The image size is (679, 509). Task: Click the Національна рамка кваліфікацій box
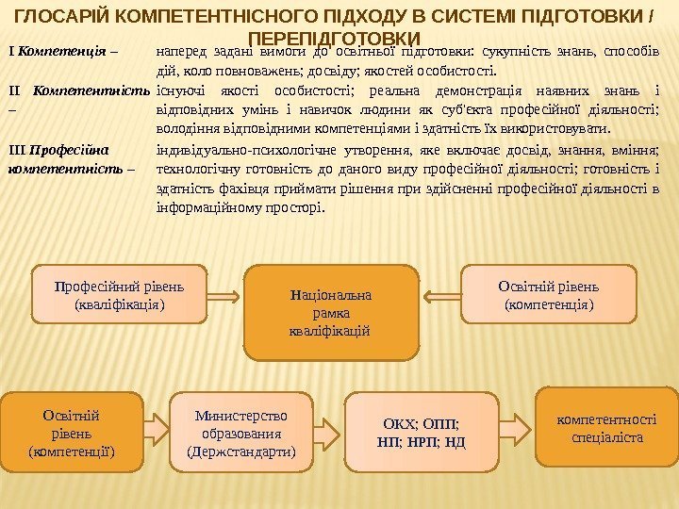click(x=331, y=313)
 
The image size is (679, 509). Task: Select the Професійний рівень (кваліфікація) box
click(x=118, y=295)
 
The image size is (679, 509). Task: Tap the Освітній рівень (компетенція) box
click(x=549, y=295)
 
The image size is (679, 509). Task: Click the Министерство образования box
click(x=241, y=433)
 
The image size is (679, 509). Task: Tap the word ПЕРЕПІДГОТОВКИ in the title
click(x=339, y=37)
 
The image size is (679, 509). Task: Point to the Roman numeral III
click(x=17, y=149)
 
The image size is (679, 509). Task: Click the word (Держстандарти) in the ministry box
click(x=241, y=452)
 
